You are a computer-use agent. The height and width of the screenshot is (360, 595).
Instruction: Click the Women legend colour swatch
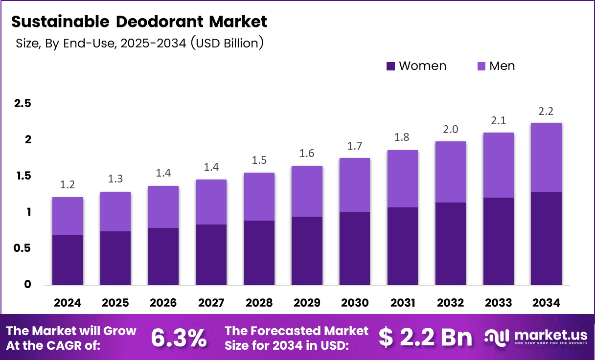[x=390, y=66]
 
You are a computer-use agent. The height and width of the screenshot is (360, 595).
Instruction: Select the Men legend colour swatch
[x=481, y=66]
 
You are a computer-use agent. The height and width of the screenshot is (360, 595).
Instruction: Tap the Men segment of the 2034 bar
[x=546, y=157]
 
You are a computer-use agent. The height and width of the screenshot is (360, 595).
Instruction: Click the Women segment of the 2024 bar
[x=68, y=260]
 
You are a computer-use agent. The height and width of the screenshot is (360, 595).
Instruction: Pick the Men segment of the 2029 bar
[x=307, y=191]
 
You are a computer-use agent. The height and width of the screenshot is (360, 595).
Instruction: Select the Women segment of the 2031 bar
[x=403, y=246]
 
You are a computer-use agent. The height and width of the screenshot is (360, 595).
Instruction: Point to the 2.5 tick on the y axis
[x=23, y=103]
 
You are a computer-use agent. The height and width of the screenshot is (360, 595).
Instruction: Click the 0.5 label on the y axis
[x=23, y=248]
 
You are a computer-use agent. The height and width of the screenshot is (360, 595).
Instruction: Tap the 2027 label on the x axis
[x=211, y=303]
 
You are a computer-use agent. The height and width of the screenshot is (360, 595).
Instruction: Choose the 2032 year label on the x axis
[x=451, y=303]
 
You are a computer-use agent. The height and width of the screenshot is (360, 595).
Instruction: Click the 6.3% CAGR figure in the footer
[x=179, y=337]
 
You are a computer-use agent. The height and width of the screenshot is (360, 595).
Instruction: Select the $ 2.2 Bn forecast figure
[x=425, y=337]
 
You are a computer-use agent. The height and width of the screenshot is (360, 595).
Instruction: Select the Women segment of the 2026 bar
[x=163, y=256]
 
